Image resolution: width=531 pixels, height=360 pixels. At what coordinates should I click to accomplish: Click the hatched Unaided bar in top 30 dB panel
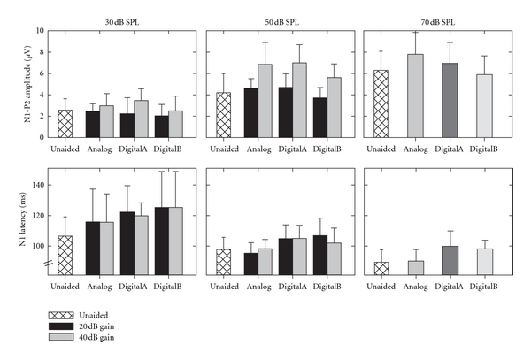tap(65, 124)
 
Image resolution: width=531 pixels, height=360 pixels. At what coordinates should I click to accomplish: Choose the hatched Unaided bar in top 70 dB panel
tap(381, 103)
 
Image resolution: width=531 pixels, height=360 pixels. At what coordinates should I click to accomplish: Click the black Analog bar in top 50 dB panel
tap(251, 112)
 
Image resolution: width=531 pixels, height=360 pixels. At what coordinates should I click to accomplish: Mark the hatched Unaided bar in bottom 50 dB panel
tap(223, 262)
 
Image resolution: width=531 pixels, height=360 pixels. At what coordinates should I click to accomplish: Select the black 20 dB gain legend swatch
tap(65, 326)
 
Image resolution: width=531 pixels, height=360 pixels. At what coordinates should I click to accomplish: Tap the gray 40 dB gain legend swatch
tap(65, 338)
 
